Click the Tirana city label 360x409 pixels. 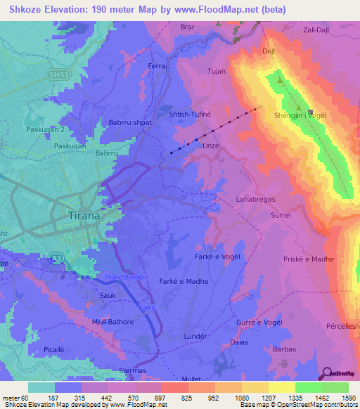(x=84, y=216)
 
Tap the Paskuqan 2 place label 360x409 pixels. (x=25, y=130)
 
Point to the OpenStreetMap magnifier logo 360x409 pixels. (x=326, y=373)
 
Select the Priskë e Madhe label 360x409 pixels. (x=310, y=259)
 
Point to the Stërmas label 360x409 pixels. (x=114, y=370)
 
